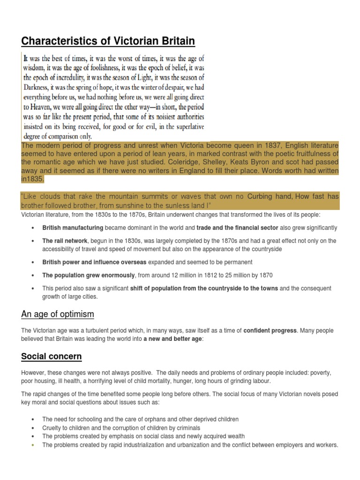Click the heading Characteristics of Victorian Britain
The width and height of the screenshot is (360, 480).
coord(108,41)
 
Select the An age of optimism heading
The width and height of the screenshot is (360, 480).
coord(58,314)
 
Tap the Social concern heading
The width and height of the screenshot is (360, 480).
coord(51,357)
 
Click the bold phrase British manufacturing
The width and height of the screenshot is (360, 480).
coord(73,228)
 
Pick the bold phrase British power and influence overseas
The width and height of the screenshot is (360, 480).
coord(94,262)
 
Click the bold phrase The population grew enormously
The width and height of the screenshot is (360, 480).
coord(89,275)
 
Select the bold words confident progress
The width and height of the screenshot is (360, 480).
coord(270,330)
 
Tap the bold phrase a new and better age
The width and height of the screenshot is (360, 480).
coord(173,339)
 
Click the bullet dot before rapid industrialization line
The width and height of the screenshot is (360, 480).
coord(32,445)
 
